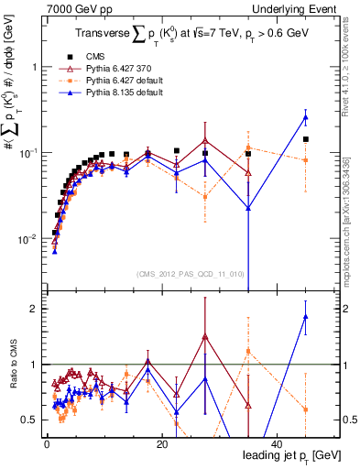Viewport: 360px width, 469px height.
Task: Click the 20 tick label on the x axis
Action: pos(161,444)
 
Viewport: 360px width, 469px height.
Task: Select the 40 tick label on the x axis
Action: pos(277,444)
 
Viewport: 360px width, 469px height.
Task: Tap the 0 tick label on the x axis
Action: pos(47,444)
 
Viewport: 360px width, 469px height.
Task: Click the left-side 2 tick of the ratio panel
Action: pos(37,309)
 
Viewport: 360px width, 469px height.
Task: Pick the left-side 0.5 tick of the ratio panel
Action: pos(33,420)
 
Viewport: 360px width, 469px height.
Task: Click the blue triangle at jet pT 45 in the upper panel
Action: pos(306,117)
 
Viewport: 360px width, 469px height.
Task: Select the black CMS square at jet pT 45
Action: pos(306,139)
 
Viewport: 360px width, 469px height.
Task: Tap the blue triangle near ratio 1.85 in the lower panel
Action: pos(306,317)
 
